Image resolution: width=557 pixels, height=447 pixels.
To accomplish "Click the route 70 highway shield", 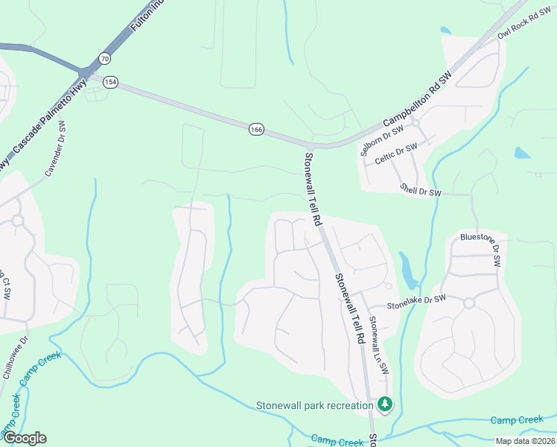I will tap(104, 58).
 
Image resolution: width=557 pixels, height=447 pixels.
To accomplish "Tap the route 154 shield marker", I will tap(110, 82).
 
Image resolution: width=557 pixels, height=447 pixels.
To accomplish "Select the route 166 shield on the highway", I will tap(256, 130).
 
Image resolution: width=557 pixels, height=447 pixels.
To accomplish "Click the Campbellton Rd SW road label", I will tap(418, 98).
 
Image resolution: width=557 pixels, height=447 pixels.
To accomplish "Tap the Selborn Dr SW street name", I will tap(381, 139).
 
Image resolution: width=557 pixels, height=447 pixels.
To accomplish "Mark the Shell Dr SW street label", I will tap(421, 190).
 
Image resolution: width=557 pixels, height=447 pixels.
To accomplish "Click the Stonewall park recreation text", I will tap(313, 405).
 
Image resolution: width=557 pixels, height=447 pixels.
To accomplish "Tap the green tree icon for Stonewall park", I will tap(384, 405).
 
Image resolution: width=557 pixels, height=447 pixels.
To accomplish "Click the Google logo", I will tap(24, 438).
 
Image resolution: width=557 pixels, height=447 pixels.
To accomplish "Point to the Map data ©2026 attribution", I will tap(524, 441).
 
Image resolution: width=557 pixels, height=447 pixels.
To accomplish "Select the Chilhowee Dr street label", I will tap(14, 358).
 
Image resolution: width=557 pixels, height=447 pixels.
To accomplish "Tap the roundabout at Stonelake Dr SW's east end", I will tap(469, 302).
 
